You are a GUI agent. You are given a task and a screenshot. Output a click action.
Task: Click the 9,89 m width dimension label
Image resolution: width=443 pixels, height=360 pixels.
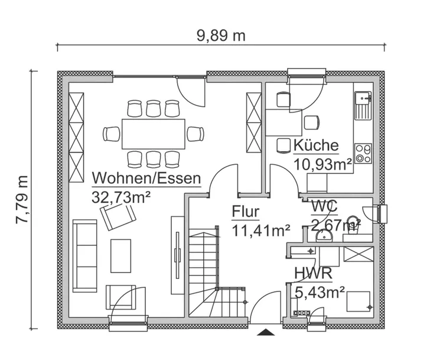[x=221, y=35]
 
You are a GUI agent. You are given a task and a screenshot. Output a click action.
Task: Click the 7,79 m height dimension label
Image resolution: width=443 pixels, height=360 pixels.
[x=22, y=199]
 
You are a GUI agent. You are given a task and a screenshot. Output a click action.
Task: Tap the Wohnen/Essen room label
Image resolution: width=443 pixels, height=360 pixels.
[x=146, y=178]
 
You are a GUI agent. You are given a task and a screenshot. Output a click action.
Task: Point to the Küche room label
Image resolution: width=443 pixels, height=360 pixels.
[x=316, y=145]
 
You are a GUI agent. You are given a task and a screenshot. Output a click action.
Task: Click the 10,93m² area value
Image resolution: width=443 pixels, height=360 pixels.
[x=323, y=164]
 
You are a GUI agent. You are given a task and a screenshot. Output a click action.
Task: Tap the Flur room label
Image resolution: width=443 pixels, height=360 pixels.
[x=245, y=212]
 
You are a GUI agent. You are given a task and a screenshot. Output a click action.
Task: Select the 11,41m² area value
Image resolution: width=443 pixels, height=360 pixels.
[x=260, y=230]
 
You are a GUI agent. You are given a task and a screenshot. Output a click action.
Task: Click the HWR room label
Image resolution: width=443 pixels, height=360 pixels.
[x=312, y=274]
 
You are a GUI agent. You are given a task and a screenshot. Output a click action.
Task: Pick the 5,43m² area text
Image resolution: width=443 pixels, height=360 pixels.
[x=320, y=291]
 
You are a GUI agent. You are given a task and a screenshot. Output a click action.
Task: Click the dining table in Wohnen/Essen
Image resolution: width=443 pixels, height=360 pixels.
[x=153, y=134]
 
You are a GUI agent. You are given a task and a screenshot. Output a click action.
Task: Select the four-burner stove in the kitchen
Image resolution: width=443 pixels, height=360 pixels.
[x=363, y=154]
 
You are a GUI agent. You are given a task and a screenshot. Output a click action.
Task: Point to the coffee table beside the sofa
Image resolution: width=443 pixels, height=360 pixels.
[x=121, y=255]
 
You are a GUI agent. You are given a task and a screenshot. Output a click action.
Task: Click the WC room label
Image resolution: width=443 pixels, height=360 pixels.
[x=324, y=207]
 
